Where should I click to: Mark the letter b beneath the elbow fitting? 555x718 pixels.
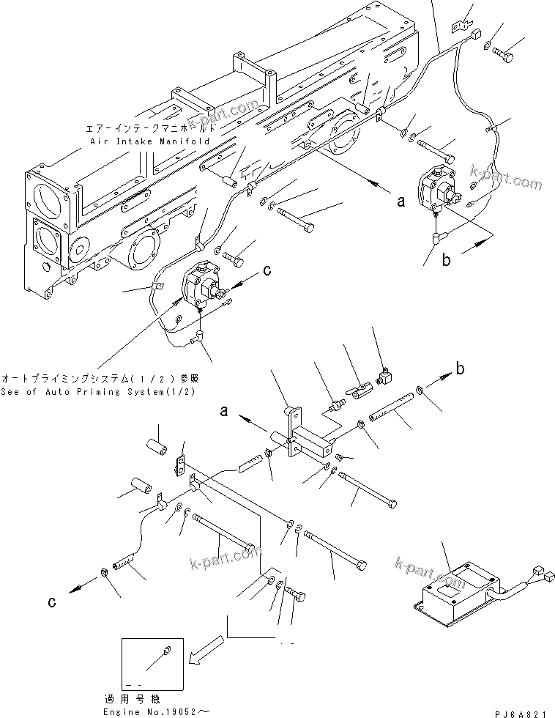click(445, 259)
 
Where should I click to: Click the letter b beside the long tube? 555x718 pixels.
click(460, 369)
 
